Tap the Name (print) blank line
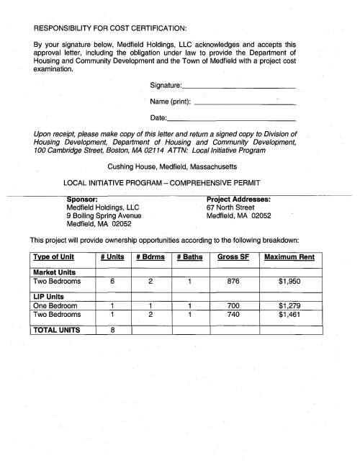[245, 103]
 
